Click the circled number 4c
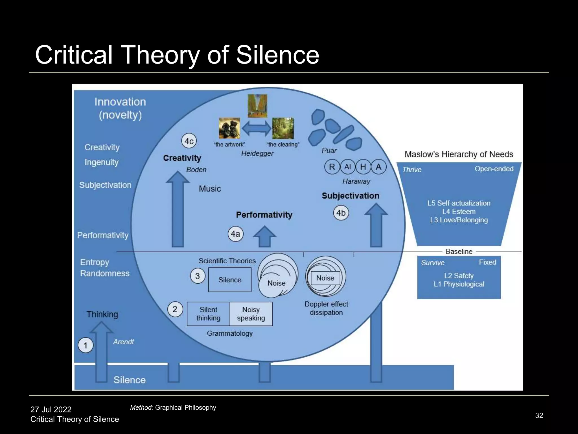(189, 141)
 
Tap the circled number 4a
(235, 234)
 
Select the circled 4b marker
(341, 213)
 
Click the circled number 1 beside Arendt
(85, 345)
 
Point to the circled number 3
(198, 276)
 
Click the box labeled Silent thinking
(208, 314)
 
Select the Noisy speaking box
(251, 314)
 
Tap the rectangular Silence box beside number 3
(230, 280)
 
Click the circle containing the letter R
(332, 167)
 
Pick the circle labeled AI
(347, 167)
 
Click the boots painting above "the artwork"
(229, 128)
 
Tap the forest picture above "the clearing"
(283, 128)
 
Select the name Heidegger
(257, 153)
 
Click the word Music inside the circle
(210, 189)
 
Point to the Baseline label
(459, 251)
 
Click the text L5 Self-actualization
(459, 203)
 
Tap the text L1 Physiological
(459, 284)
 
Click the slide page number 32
(539, 415)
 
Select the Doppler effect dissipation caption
(326, 308)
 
